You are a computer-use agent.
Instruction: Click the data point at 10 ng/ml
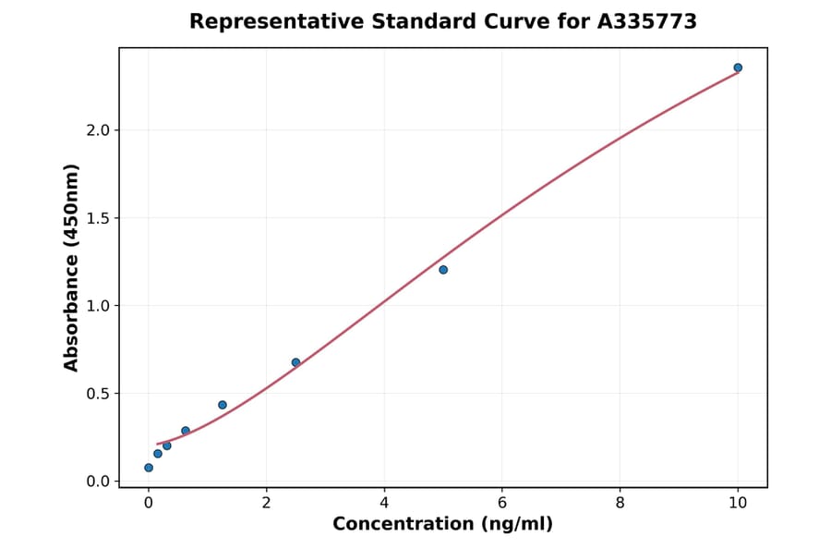(738, 67)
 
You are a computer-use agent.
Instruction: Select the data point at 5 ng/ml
(443, 270)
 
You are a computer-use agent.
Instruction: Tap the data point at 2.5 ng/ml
(295, 362)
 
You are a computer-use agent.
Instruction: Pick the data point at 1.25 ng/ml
(223, 405)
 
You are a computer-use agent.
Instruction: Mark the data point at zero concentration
(149, 468)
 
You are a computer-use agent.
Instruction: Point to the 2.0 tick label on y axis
(98, 130)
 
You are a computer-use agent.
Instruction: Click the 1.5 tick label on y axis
(98, 218)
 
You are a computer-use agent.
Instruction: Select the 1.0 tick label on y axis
(98, 306)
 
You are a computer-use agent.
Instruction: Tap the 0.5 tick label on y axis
(98, 394)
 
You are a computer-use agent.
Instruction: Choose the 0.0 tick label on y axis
(98, 482)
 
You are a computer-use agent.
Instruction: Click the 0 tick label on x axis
(149, 503)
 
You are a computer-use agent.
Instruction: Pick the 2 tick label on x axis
(267, 503)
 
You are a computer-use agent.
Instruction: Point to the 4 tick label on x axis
(384, 503)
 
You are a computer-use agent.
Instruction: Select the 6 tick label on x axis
(502, 503)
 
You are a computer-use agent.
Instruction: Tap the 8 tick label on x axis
(620, 503)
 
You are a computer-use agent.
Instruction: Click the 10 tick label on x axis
(738, 503)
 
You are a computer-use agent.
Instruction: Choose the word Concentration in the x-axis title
(402, 525)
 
